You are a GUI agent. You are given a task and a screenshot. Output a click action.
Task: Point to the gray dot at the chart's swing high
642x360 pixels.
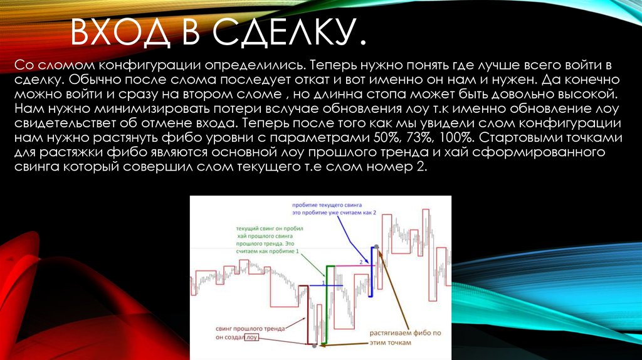(376, 246)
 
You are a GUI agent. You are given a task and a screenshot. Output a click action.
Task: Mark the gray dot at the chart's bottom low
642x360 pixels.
(313, 345)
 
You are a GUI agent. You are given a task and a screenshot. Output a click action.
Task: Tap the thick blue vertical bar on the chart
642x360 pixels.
(371, 270)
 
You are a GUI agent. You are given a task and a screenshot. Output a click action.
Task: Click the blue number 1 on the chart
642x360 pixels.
(323, 283)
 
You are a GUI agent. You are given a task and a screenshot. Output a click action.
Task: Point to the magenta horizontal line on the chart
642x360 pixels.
(351, 265)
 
